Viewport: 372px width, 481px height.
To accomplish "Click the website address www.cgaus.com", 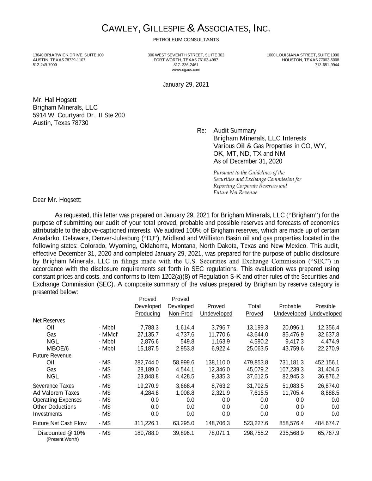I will tap(186, 70).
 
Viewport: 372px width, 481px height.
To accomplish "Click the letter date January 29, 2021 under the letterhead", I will tap(186, 85).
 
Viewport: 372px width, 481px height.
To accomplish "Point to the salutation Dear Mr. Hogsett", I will tap(57, 200).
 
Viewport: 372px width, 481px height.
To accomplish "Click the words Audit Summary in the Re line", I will tap(235, 131).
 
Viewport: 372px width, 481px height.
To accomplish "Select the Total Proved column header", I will tap(254, 310).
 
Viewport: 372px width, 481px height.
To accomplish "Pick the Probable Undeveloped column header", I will tap(290, 310).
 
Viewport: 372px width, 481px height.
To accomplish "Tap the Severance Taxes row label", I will tap(53, 386).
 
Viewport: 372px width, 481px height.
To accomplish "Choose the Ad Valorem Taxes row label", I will tap(56, 393).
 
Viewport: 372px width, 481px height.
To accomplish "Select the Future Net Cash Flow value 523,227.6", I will tap(256, 423).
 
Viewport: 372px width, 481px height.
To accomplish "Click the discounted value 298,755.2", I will tap(256, 433).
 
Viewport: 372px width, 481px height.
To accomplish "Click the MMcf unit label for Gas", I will tap(108, 334).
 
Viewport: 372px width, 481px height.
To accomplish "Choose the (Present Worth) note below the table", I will tap(63, 439).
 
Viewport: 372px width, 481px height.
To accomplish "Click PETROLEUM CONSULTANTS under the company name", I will tap(186, 40).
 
